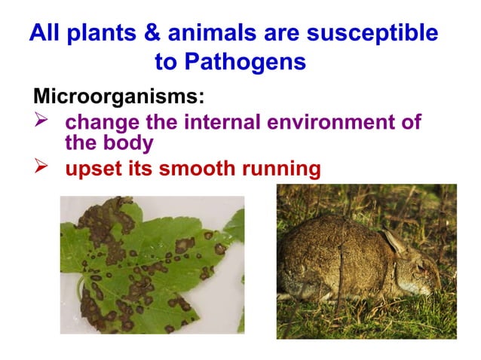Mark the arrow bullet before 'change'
[43, 121]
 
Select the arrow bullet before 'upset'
[43, 167]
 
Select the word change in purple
[100, 122]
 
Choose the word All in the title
[44, 34]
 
